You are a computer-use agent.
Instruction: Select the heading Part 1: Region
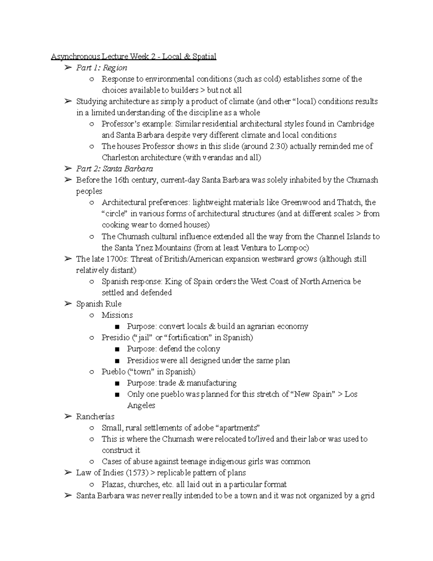click(101, 68)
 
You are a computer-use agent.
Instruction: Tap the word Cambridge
click(355, 124)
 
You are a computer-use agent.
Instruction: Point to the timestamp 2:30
click(275, 146)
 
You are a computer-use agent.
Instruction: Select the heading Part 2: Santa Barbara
click(114, 169)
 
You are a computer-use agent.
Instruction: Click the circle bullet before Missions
click(92, 315)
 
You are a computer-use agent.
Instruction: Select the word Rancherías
click(95, 417)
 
